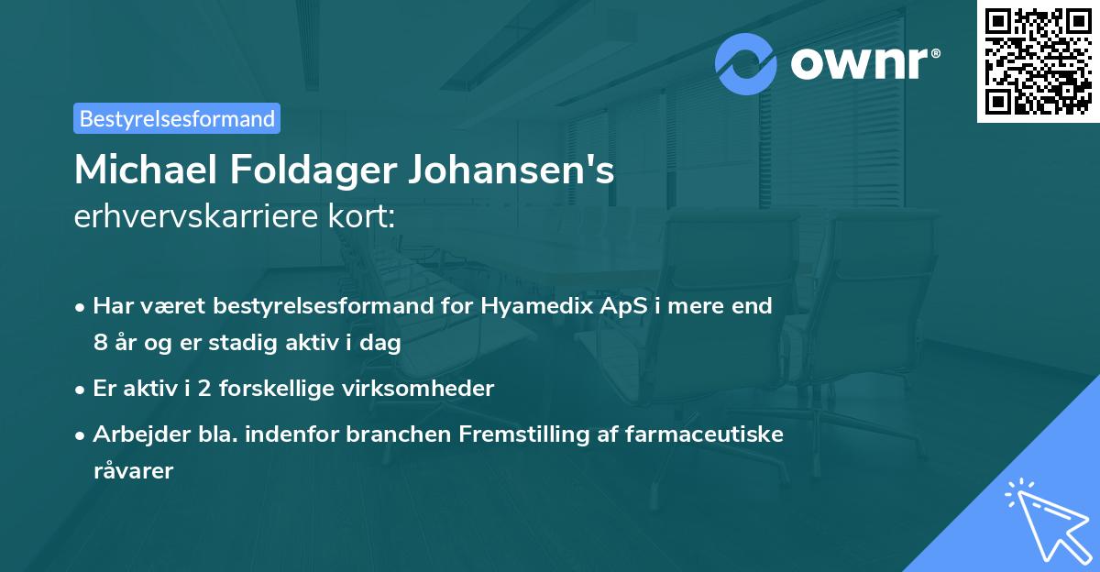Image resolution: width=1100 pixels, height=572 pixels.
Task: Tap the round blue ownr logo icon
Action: coord(746,64)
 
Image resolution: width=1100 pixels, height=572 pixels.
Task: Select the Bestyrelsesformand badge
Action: coord(177,118)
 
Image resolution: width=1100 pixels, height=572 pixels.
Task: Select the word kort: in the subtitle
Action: coord(365,217)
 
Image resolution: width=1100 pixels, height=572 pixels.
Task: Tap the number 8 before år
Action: coord(99,344)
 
